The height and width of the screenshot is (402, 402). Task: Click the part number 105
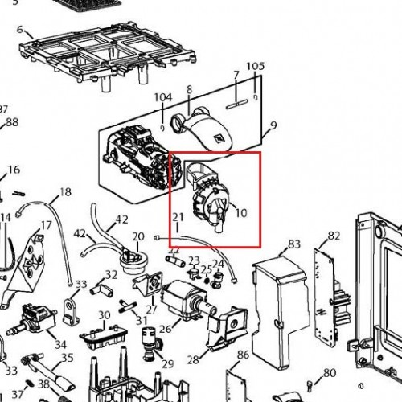pos(256,66)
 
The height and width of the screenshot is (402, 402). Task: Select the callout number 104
pos(163,97)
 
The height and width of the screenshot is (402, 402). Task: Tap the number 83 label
pos(294,244)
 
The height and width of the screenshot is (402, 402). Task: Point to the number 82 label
pos(334,236)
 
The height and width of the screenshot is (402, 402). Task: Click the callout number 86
pos(243,355)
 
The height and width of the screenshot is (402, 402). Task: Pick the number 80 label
pos(330,373)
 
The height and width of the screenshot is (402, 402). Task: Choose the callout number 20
pos(138,236)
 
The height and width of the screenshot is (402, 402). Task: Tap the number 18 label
pos(65,192)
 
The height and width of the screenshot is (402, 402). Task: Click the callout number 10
pos(241,213)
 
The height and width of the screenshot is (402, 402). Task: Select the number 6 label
pos(20,30)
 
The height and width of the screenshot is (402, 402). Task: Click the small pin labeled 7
pos(237,105)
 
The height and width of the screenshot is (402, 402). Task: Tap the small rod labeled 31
pos(128,306)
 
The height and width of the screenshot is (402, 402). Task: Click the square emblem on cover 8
pos(219,138)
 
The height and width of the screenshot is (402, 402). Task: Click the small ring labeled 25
pos(207,281)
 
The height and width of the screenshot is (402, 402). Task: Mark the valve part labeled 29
pos(150,344)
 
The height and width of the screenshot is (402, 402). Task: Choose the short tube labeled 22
pos(175,260)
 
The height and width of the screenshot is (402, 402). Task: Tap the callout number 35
pos(68,358)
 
